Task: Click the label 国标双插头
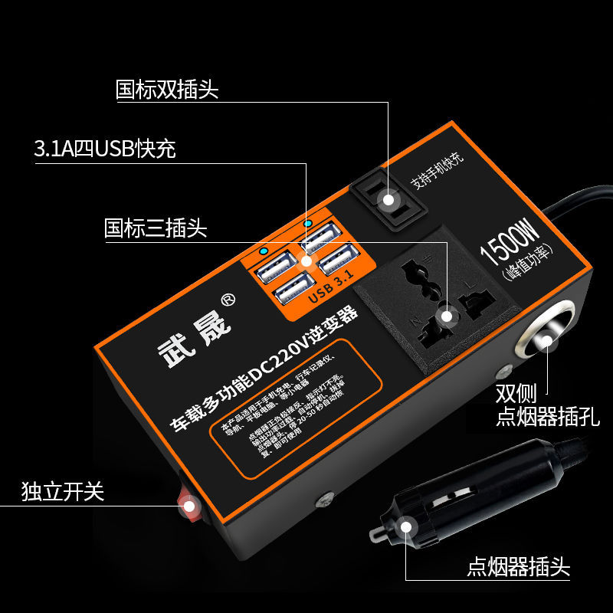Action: pyautogui.click(x=167, y=90)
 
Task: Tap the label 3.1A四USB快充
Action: pyautogui.click(x=105, y=149)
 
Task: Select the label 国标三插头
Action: pyautogui.click(x=156, y=228)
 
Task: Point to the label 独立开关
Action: pyautogui.click(x=62, y=492)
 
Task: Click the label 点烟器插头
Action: pyautogui.click(x=519, y=568)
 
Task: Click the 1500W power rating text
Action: pyautogui.click(x=510, y=241)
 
